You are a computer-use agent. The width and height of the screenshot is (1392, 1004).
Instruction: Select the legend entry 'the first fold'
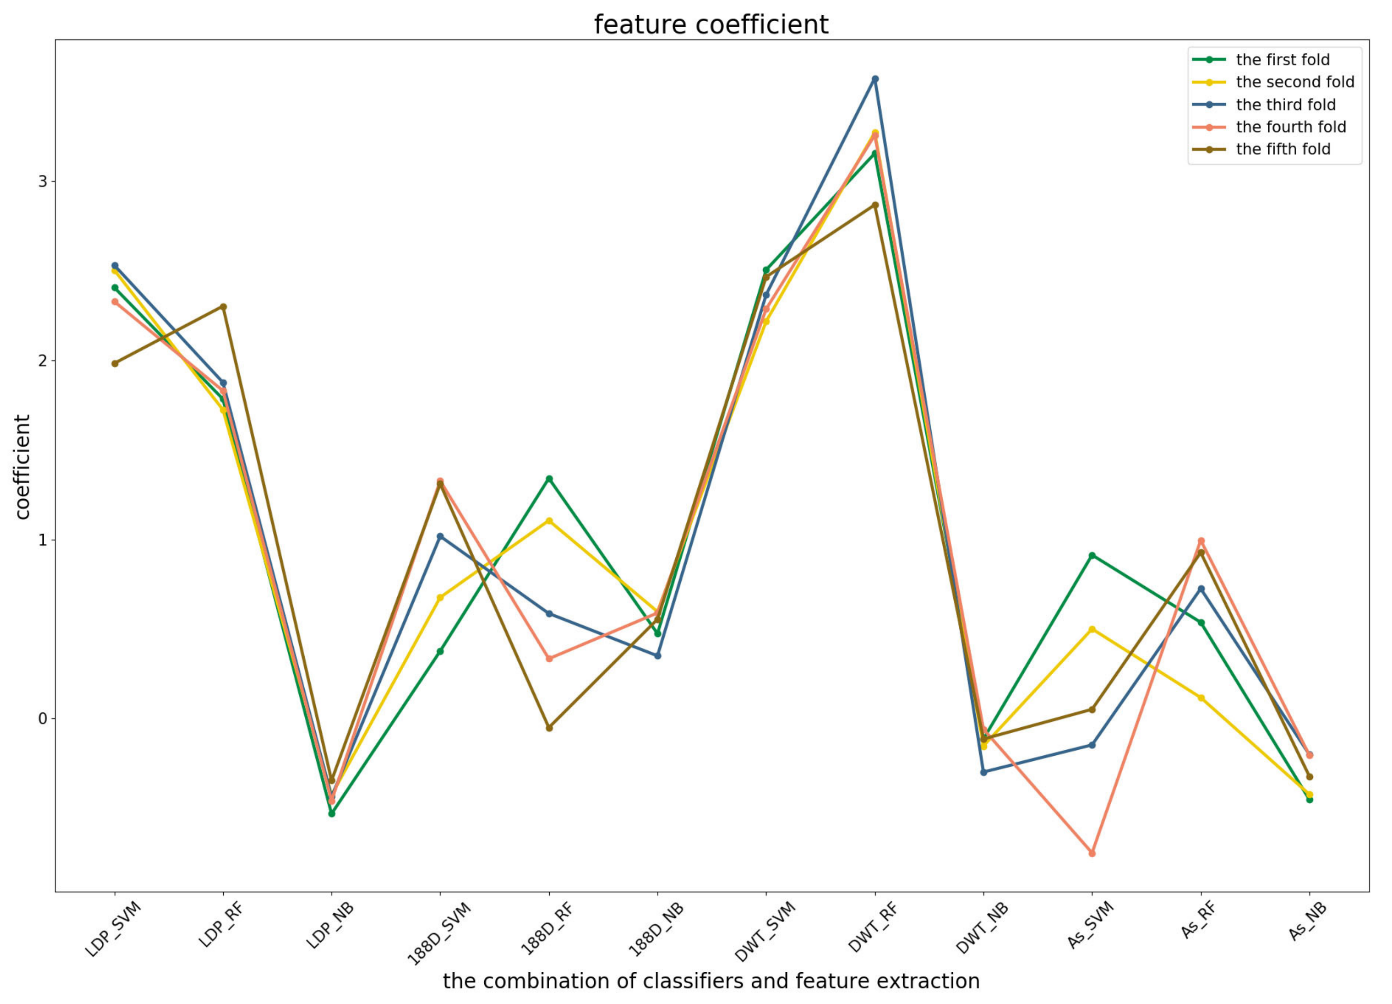click(1282, 59)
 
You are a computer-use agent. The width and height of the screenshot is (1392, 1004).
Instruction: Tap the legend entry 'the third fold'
click(1285, 105)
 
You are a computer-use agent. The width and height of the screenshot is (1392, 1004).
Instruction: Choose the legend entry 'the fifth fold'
click(1283, 149)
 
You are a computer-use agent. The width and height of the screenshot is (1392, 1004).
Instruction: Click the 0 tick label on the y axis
click(42, 718)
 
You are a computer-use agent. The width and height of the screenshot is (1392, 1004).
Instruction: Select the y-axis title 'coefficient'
click(23, 467)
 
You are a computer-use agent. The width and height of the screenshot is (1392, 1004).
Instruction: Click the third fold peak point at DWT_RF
click(875, 79)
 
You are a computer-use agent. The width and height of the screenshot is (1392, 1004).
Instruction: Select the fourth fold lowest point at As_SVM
click(1092, 853)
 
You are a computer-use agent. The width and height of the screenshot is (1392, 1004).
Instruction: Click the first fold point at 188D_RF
click(549, 479)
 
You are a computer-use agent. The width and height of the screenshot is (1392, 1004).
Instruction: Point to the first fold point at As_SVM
click(1092, 555)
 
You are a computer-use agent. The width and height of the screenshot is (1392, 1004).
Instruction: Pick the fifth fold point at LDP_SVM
click(115, 363)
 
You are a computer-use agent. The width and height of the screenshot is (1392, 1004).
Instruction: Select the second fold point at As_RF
click(1201, 698)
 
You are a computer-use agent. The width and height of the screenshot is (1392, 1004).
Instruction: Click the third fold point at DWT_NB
click(984, 772)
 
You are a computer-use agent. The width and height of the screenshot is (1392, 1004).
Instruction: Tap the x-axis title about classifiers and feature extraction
click(711, 981)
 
